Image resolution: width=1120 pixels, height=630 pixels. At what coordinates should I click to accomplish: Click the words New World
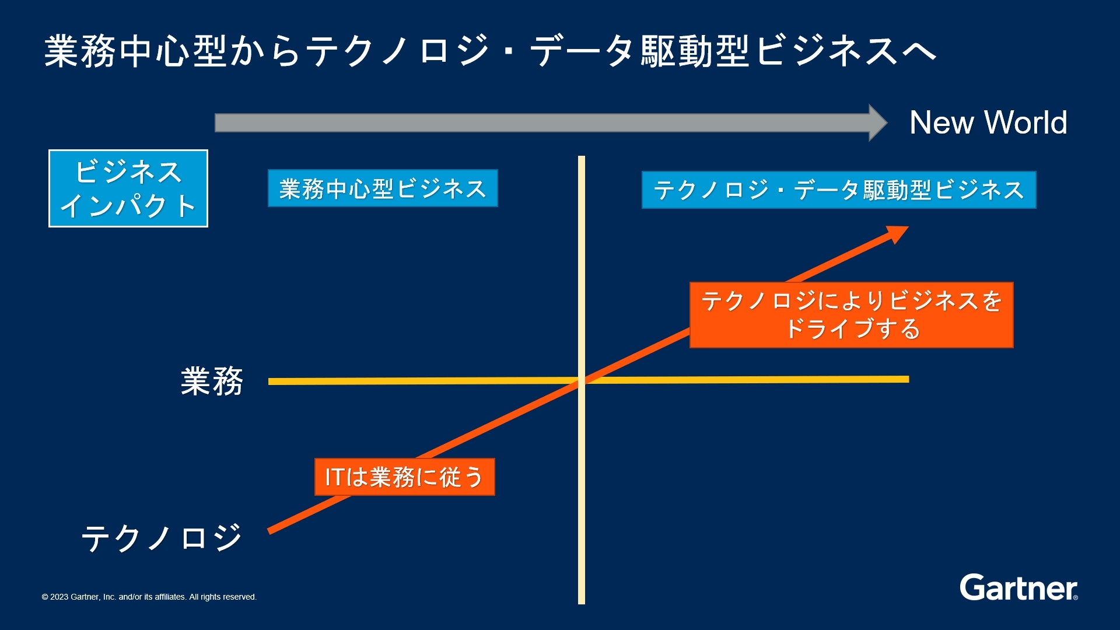coord(988,123)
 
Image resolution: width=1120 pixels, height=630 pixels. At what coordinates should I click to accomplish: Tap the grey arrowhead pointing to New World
coord(877,123)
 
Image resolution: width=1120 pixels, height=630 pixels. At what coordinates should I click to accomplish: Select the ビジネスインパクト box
coord(128,188)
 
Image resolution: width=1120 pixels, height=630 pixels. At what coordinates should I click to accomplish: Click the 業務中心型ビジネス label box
coord(383,188)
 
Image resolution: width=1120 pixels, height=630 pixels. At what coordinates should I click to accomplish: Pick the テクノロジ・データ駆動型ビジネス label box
coord(839,190)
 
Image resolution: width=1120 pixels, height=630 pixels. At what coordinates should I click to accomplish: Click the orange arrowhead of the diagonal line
coord(897,233)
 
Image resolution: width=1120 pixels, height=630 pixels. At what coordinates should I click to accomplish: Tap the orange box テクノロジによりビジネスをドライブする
coord(851,315)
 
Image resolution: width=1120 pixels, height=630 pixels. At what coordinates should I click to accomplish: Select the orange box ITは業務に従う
coord(404,477)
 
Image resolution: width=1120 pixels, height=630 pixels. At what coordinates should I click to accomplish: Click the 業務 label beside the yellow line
coord(212,381)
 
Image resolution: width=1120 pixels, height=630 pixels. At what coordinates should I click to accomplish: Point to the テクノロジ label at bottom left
coord(162,537)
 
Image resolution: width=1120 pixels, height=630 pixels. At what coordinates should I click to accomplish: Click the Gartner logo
coord(1019,587)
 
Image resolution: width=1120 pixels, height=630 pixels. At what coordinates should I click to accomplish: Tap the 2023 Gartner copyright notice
coord(149,597)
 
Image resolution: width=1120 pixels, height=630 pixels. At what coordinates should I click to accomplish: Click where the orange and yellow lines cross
coord(582,381)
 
